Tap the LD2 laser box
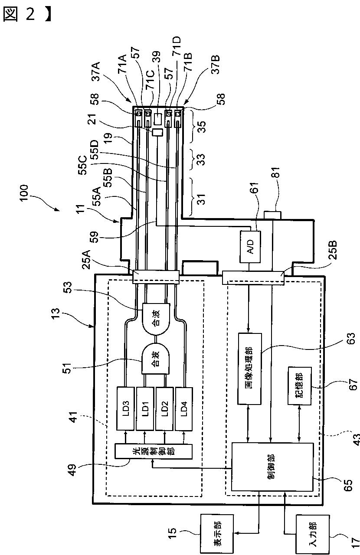[x=165, y=408]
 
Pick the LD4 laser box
[x=184, y=408]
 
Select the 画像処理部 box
[x=250, y=369]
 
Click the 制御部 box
[x=272, y=467]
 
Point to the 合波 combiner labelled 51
[x=155, y=358]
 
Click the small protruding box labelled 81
[x=272, y=215]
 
